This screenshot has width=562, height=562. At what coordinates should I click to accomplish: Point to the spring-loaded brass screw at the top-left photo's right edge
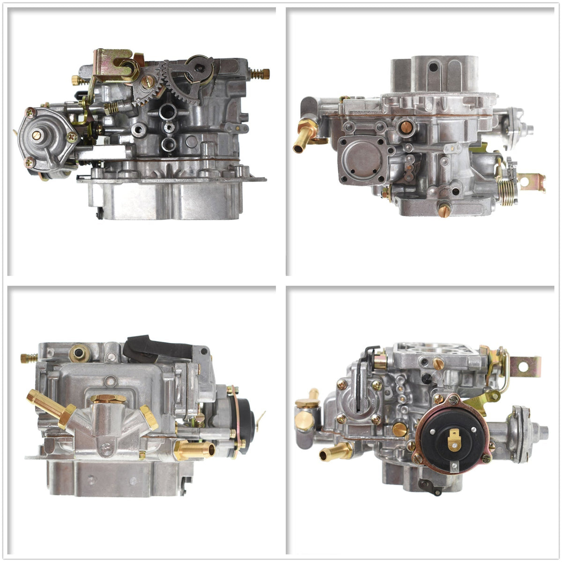pos(260,74)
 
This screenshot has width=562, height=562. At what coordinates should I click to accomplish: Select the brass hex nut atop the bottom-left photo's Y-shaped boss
pos(108,399)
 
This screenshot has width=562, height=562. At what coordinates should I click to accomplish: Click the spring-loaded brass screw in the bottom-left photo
pos(29,358)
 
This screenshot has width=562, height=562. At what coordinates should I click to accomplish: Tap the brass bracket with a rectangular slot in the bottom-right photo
pos(525,367)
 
